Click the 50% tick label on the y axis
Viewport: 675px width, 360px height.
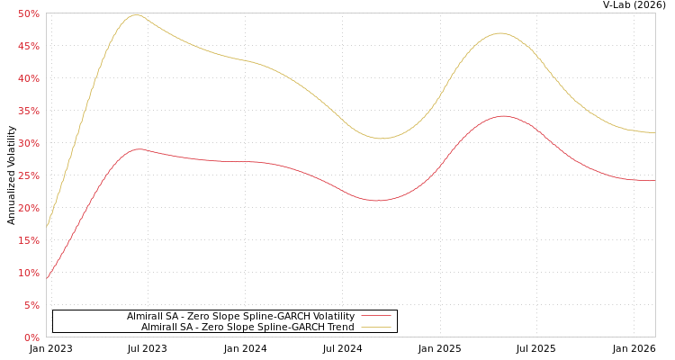(28, 13)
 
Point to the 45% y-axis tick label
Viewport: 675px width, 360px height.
(28, 46)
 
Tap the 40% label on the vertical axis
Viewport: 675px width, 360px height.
(28, 78)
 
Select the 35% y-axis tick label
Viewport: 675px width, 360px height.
(28, 111)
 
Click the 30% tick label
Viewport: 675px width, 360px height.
(28, 143)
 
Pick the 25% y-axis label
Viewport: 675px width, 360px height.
(28, 175)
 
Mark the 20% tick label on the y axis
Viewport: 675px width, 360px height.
(28, 208)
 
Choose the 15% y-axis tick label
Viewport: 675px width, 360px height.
(28, 240)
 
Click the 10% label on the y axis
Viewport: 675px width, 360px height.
(28, 273)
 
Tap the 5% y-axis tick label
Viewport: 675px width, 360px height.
(31, 305)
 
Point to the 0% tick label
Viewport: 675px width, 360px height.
(31, 337)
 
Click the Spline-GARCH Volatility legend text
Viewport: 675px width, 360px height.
(240, 316)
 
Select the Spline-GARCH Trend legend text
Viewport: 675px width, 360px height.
(247, 327)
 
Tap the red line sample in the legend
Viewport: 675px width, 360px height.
(375, 316)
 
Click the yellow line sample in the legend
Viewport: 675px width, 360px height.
(375, 327)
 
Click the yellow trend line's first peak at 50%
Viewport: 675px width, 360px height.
(135, 14)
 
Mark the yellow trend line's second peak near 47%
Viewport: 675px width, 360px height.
(500, 33)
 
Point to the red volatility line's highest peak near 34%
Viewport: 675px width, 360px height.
(502, 116)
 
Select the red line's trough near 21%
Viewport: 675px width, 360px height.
(378, 201)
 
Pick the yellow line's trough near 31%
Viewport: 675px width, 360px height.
(381, 139)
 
